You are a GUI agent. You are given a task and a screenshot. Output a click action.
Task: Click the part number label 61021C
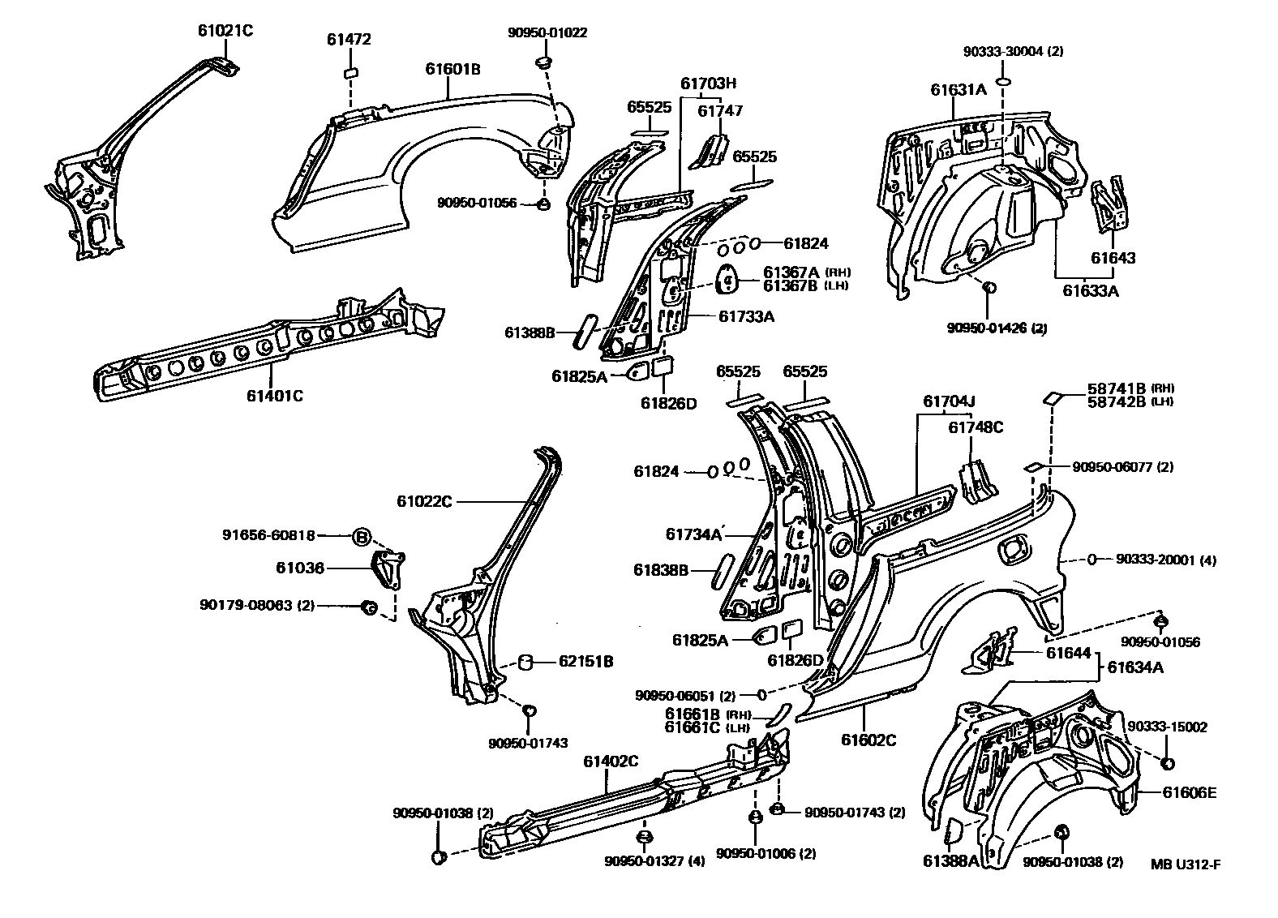(x=225, y=31)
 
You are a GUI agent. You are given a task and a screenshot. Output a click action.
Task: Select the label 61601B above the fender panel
(x=452, y=70)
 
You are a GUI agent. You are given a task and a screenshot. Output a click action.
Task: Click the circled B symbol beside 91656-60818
(x=362, y=536)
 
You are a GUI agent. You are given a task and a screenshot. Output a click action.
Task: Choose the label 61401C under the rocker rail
(x=276, y=396)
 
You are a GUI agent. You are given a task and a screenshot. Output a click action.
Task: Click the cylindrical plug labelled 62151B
(x=525, y=663)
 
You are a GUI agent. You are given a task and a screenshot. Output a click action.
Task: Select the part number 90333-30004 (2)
(x=1013, y=51)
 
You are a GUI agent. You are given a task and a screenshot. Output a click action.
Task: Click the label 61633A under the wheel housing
(x=1091, y=290)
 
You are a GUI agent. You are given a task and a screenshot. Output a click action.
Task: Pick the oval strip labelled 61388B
(x=582, y=333)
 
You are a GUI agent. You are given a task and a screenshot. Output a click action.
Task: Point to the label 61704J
(x=948, y=401)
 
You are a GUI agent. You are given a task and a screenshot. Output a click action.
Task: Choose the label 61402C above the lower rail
(x=611, y=761)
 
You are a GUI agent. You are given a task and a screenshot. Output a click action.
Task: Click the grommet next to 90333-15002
(x=1169, y=764)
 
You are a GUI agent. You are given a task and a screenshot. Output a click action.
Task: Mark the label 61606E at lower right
(x=1189, y=793)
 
